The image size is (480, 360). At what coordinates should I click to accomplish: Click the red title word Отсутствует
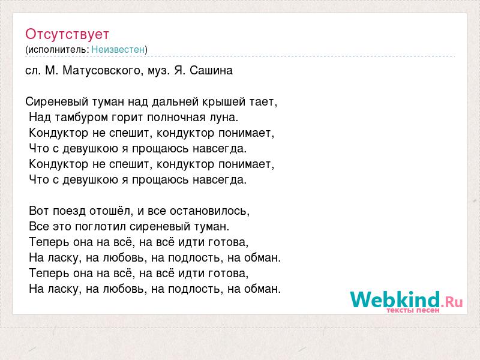(67, 34)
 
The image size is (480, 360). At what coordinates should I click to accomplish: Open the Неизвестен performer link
(118, 49)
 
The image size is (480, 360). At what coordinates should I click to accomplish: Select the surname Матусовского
(101, 71)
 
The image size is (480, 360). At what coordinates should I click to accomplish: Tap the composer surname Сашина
(211, 71)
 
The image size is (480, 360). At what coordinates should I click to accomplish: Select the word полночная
(176, 118)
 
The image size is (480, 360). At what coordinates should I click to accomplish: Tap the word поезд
(70, 211)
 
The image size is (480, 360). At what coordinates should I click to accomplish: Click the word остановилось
(209, 211)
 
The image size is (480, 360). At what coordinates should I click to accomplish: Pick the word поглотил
(100, 227)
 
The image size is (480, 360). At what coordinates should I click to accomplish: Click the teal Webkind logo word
(395, 299)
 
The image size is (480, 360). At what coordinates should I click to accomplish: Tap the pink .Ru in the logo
(452, 302)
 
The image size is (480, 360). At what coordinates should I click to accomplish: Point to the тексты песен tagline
(413, 310)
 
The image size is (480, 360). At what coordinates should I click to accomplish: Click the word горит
(128, 118)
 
